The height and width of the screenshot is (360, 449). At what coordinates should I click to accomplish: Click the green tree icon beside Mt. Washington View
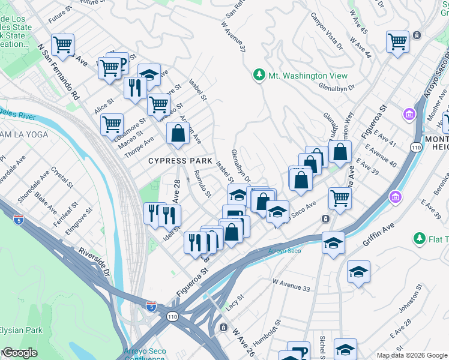tap(259, 76)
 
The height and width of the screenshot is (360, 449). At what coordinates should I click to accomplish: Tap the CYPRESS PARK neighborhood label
tap(181, 161)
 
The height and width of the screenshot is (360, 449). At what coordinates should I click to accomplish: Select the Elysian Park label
tap(21, 330)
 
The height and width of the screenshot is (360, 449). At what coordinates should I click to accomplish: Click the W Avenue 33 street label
tap(292, 285)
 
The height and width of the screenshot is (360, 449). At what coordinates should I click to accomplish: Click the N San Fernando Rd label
tap(58, 71)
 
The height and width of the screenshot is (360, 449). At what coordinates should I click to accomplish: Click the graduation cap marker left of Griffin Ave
tap(333, 242)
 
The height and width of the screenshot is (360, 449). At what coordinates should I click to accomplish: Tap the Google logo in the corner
tap(19, 353)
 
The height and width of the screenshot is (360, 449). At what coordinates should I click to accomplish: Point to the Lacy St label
tap(235, 302)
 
